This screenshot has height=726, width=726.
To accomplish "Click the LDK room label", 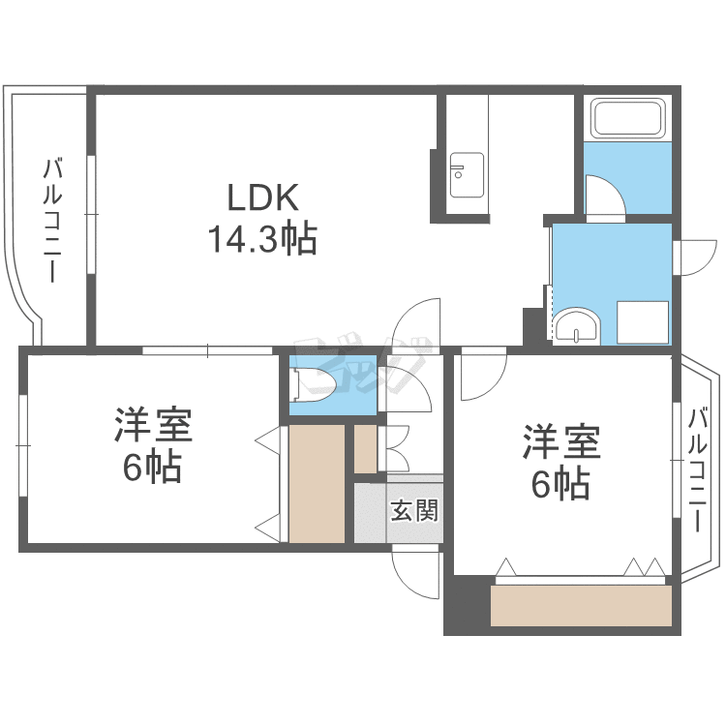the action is [x=262, y=197].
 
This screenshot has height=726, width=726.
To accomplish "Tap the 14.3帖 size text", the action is [x=262, y=239].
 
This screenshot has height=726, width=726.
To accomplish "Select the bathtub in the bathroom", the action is [x=628, y=119].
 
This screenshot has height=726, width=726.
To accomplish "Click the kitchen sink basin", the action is [x=467, y=175].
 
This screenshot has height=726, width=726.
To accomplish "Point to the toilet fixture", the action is [x=313, y=384].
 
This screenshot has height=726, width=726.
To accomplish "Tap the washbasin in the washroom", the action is [x=577, y=327].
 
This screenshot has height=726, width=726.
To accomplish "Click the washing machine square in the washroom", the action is [x=642, y=322].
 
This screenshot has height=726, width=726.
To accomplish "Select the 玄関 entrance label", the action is [x=414, y=511].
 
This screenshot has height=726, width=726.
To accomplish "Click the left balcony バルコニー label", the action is [x=53, y=220].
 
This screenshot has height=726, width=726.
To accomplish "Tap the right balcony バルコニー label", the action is [x=697, y=469].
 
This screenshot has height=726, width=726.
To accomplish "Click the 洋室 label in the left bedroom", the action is [x=153, y=425].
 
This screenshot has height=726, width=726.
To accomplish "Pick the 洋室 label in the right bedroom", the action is [x=561, y=441].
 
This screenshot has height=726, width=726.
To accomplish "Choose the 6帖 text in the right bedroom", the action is [x=560, y=484].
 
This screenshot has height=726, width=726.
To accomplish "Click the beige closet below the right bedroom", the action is [x=581, y=606].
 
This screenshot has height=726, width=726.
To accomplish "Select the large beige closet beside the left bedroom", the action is [x=317, y=484].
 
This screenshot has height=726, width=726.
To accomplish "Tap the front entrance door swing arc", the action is [x=404, y=583].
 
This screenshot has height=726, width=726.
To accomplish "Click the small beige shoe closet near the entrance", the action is [x=365, y=449].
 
